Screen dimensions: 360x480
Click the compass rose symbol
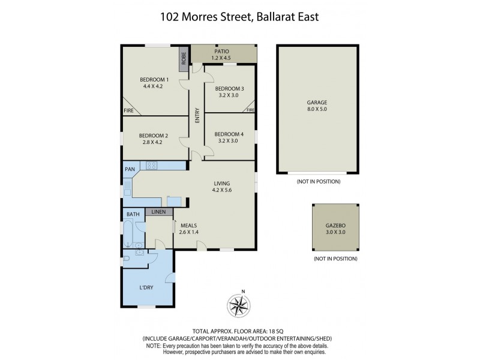[240, 305]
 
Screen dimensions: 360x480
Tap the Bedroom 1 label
[154, 80]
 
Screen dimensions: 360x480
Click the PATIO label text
[222, 52]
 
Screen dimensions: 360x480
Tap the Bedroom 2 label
[154, 136]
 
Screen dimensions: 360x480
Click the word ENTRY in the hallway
[197, 116]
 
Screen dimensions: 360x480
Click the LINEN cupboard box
[158, 212]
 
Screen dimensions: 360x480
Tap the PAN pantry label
[130, 169]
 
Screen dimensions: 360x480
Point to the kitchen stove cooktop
[151, 165]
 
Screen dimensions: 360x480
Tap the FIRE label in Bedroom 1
[128, 111]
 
